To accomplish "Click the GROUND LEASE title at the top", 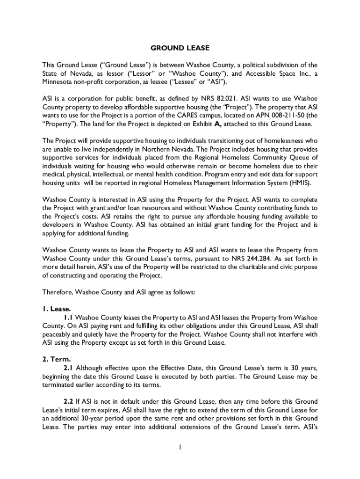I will [180, 48].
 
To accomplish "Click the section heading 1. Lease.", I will [57, 309].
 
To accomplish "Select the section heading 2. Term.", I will [57, 359].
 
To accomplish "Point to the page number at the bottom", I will [180, 447].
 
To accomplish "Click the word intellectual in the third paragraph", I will [114, 174].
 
